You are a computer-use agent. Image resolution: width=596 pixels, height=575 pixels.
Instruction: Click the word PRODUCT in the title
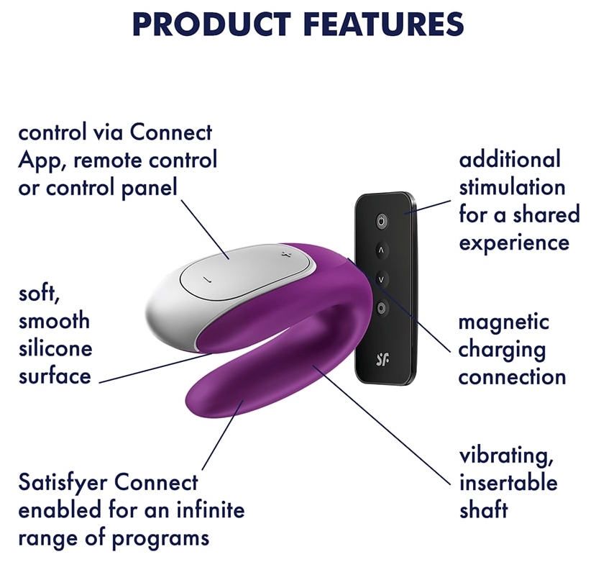point(211,24)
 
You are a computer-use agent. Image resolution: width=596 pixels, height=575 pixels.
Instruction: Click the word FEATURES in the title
point(384,24)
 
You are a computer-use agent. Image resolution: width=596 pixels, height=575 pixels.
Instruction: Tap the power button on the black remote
point(382,221)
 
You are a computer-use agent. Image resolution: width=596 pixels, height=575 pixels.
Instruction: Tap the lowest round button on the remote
point(382,307)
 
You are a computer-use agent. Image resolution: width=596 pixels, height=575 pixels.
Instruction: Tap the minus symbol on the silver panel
point(207,280)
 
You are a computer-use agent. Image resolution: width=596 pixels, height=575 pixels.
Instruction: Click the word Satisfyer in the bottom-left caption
point(62,484)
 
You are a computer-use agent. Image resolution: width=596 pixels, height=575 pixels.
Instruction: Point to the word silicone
point(55,348)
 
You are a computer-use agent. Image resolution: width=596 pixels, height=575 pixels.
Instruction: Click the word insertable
point(508,483)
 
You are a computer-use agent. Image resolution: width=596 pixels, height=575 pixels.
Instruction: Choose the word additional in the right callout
point(510,160)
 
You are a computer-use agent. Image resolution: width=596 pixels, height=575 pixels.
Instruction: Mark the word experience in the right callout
point(514,243)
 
